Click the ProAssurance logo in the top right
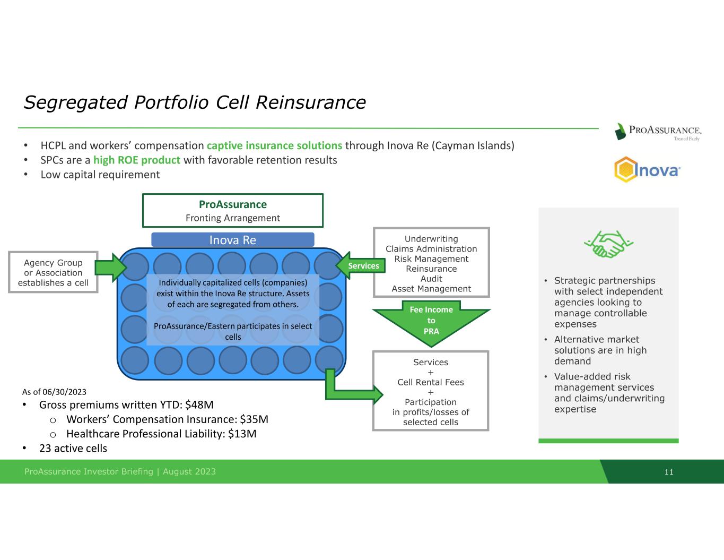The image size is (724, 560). click(658, 131)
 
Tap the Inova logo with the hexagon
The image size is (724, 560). click(647, 170)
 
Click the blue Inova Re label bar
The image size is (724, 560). click(232, 240)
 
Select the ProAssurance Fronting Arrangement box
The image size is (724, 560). click(232, 211)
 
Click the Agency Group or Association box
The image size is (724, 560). click(53, 272)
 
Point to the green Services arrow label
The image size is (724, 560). click(363, 265)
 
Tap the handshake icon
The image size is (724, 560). click(608, 244)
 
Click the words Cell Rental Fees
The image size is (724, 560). click(431, 382)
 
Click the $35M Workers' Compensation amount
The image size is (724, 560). click(254, 419)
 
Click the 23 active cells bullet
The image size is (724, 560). click(73, 449)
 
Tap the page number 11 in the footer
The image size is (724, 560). click(669, 472)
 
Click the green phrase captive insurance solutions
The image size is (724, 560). click(274, 145)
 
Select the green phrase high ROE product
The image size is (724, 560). click(137, 160)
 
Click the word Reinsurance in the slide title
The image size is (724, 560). click(310, 102)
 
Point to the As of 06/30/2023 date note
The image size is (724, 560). click(54, 392)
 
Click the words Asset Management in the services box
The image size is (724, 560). click(431, 289)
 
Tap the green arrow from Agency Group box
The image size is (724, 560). click(110, 267)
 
